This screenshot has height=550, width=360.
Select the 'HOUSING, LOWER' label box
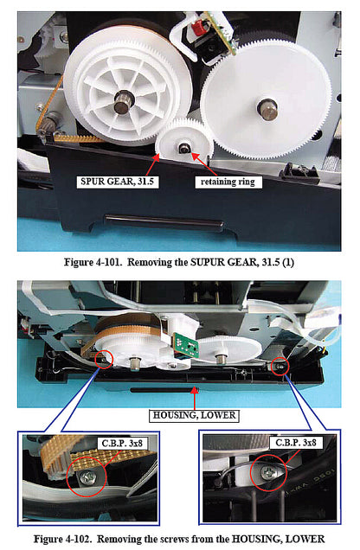pyautogui.click(x=195, y=413)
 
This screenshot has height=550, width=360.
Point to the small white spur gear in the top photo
pyautogui.click(x=186, y=143)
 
